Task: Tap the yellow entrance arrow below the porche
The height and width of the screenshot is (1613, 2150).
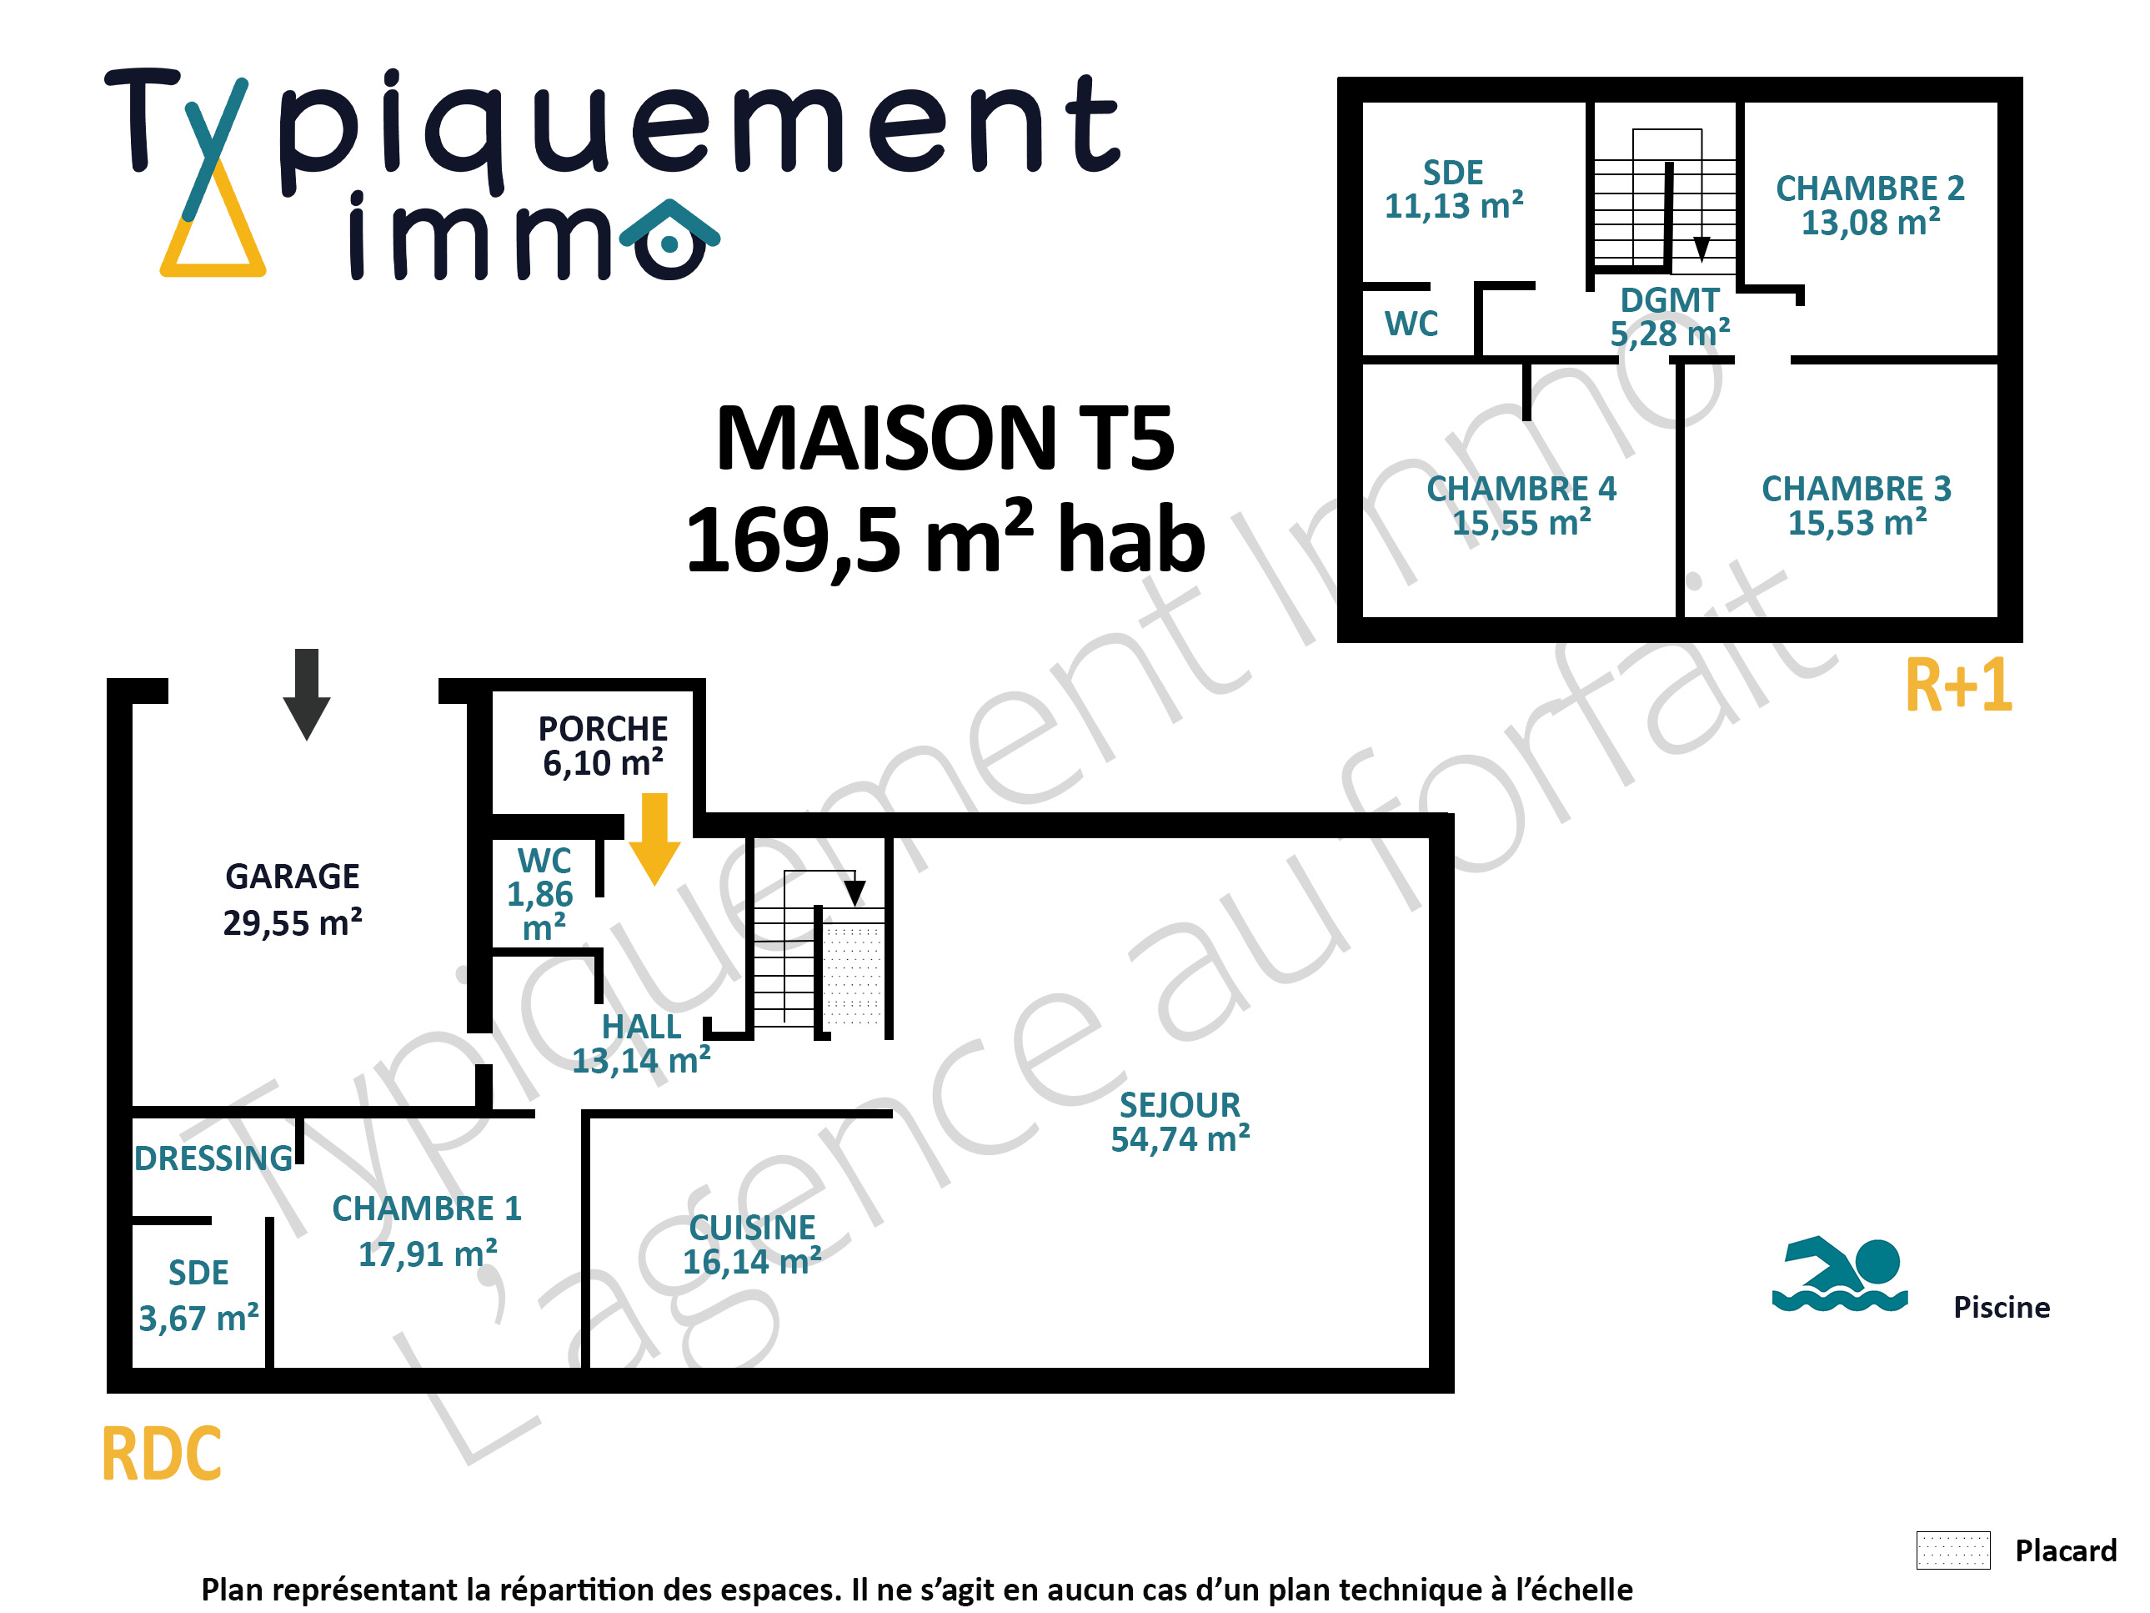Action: (x=654, y=838)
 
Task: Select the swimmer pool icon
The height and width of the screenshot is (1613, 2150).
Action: (x=1839, y=1274)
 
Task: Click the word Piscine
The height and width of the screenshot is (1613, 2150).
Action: (x=2002, y=1307)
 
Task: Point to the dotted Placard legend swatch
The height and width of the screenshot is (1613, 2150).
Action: (x=1952, y=1550)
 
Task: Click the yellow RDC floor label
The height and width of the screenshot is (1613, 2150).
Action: (x=162, y=1454)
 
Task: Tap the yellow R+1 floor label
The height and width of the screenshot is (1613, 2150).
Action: (x=1957, y=685)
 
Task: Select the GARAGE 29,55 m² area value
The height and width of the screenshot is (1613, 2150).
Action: (x=293, y=922)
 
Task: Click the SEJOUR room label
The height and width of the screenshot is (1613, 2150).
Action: (x=1179, y=1104)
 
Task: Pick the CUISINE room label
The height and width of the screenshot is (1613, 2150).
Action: (x=751, y=1227)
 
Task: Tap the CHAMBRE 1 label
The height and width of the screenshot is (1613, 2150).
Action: (x=427, y=1208)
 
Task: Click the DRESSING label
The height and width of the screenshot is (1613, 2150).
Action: (x=213, y=1158)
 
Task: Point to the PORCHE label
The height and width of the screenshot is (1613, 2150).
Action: (x=603, y=728)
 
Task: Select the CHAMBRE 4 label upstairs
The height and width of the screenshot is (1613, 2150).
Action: (x=1521, y=488)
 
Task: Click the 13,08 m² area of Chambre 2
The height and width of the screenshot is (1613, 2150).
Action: (x=1870, y=222)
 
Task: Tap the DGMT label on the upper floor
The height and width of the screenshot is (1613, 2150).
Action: (x=1669, y=299)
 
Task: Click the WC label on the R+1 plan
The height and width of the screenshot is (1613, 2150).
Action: (x=1411, y=323)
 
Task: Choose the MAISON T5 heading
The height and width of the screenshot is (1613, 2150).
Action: (x=945, y=439)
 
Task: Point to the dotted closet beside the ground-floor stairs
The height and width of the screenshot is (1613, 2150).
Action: (x=853, y=975)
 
